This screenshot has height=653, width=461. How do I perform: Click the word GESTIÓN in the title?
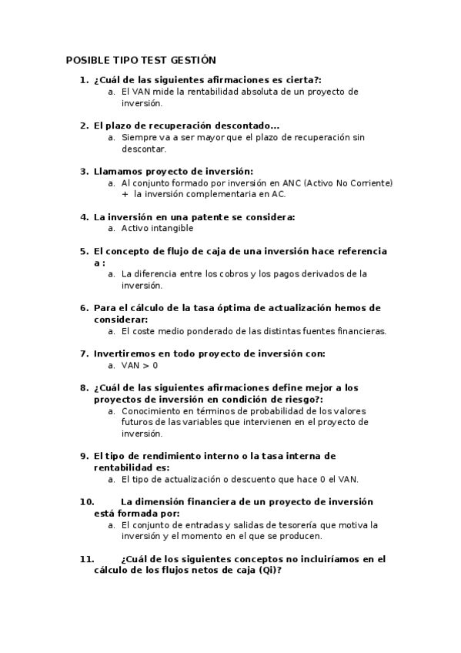pos(192,60)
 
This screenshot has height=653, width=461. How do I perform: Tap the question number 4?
pos(84,217)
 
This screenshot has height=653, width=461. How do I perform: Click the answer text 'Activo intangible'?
pos(157,228)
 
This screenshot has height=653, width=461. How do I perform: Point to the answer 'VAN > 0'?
pos(139,365)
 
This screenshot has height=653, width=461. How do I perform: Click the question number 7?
pos(84,353)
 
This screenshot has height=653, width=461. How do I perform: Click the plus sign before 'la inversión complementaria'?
pos(125,194)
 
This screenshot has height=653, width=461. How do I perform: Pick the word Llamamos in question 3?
pos(118,171)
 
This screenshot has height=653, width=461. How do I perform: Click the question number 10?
pos(86,501)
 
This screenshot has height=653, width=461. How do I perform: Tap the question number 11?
pos(86,559)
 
